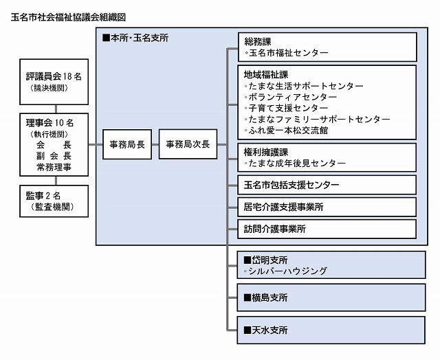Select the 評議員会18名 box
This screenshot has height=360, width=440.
click(x=57, y=81)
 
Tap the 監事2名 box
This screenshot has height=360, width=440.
click(x=57, y=201)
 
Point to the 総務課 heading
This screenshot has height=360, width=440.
click(x=258, y=41)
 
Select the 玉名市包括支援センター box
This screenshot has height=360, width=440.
click(x=291, y=185)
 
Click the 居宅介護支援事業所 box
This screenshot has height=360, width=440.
click(x=283, y=207)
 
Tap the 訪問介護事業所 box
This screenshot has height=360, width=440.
click(x=275, y=229)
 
